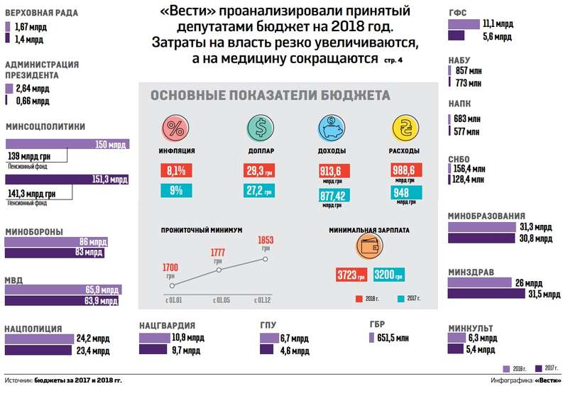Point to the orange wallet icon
click(x=368, y=248)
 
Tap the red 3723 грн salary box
click(x=351, y=275)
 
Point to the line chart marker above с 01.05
click(x=219, y=270)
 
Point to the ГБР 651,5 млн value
click(x=397, y=340)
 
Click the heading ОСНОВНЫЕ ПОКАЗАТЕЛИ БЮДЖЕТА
click(x=271, y=96)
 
